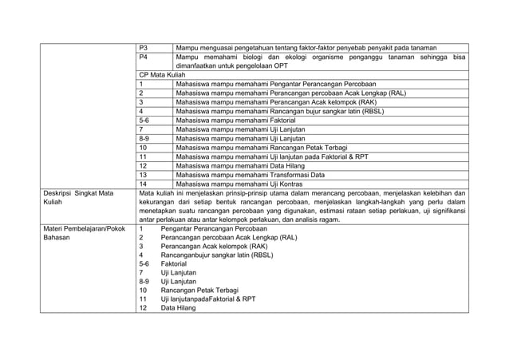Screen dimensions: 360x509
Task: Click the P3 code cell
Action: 144,48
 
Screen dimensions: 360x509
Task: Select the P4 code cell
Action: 144,58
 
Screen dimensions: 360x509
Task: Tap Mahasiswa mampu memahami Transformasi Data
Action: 251,174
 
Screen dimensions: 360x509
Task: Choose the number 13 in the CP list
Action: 144,174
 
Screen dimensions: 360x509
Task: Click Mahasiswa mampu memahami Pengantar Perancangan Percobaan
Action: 276,82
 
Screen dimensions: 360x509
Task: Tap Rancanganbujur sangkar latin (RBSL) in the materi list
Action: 216,255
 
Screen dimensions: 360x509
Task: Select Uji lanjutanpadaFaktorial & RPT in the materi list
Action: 208,299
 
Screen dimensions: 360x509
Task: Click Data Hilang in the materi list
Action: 179,308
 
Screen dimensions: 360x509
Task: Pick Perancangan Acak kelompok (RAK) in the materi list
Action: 213,247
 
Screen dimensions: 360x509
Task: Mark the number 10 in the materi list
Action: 144,290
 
